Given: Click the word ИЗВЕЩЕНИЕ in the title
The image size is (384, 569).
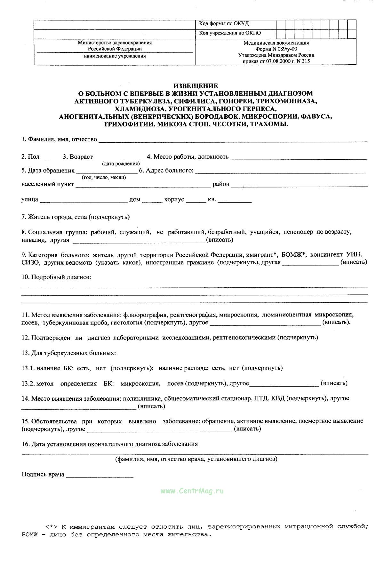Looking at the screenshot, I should (x=196, y=86).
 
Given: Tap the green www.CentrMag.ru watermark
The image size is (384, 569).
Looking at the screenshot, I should (x=192, y=491).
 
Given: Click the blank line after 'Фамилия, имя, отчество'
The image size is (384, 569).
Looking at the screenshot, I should (x=233, y=140).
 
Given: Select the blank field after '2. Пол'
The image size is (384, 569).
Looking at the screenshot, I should (x=51, y=157).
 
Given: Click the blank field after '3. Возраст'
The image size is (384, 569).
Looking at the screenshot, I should (x=120, y=157).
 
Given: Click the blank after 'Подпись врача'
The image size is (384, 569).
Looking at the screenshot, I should (x=100, y=475).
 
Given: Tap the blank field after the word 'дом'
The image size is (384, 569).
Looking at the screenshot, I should (x=152, y=200).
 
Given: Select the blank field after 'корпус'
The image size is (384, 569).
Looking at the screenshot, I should (x=196, y=200).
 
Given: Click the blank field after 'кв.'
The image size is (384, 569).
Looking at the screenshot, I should (x=235, y=200).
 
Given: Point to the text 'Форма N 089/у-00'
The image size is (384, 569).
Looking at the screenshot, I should (x=276, y=49).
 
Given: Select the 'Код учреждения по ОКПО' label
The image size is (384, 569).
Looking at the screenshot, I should (x=230, y=33).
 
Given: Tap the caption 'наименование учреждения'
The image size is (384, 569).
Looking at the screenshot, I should (x=115, y=56).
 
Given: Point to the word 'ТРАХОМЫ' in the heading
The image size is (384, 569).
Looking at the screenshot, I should (x=271, y=124).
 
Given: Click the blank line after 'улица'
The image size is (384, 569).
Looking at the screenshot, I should (x=84, y=200).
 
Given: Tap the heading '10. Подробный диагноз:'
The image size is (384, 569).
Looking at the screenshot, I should (x=56, y=277).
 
